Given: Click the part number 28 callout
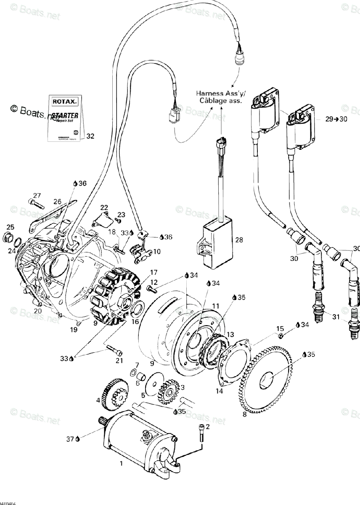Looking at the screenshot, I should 239,240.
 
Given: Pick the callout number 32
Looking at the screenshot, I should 90,136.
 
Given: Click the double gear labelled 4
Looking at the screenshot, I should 112,395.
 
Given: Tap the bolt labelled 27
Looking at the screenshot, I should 36,204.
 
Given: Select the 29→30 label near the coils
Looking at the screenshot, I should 336,119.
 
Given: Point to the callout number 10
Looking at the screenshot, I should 156,252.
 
